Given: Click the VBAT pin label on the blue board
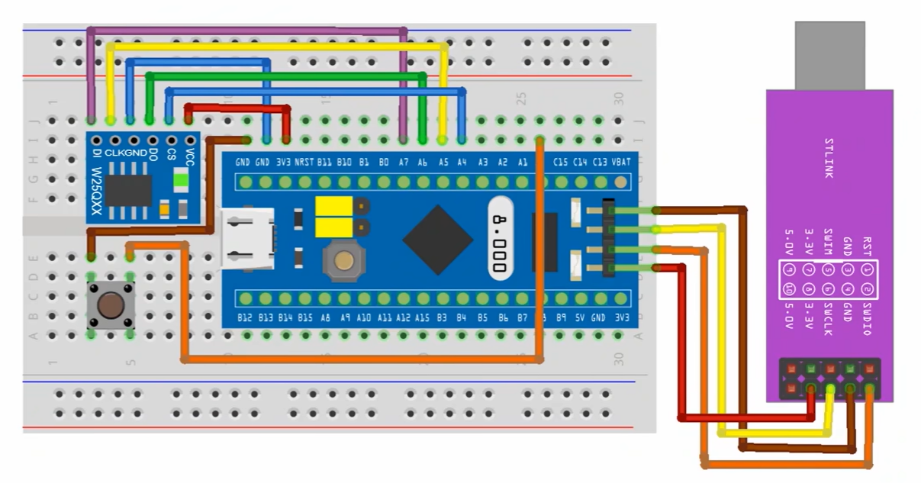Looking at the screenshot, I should click(622, 163).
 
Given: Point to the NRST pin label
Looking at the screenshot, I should click(304, 163).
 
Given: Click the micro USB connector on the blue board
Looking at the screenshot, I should click(246, 240).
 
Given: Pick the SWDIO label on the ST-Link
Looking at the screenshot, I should click(867, 319).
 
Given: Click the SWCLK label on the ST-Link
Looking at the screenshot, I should click(828, 320).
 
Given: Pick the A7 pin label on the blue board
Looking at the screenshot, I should click(403, 163).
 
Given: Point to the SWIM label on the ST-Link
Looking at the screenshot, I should click(828, 243).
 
